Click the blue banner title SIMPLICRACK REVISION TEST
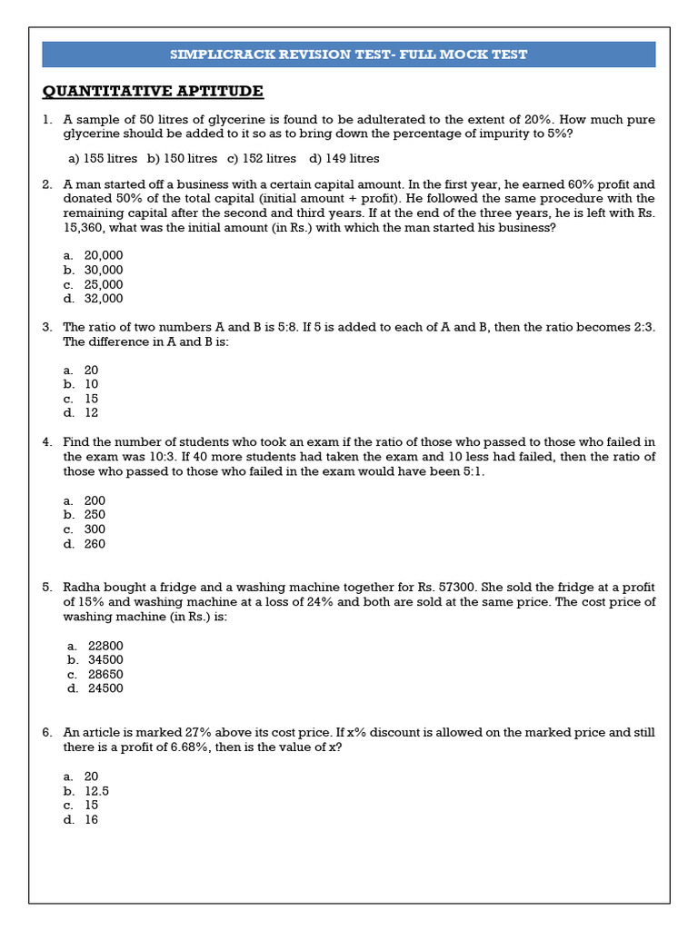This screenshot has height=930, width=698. coord(349,54)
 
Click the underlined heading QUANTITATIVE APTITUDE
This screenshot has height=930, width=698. coord(153,91)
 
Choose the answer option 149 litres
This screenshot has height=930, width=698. coord(344,158)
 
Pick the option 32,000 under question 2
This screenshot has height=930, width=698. coord(104,299)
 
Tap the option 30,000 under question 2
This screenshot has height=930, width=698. coord(104,270)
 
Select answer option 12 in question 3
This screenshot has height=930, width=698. coord(92,413)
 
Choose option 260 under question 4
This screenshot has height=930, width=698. coord(95,544)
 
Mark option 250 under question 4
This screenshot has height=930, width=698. coord(95,515)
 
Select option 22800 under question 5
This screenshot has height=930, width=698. coord(105,645)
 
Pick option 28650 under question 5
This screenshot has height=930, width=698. coord(105,674)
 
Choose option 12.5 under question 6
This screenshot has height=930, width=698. coord(97,790)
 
